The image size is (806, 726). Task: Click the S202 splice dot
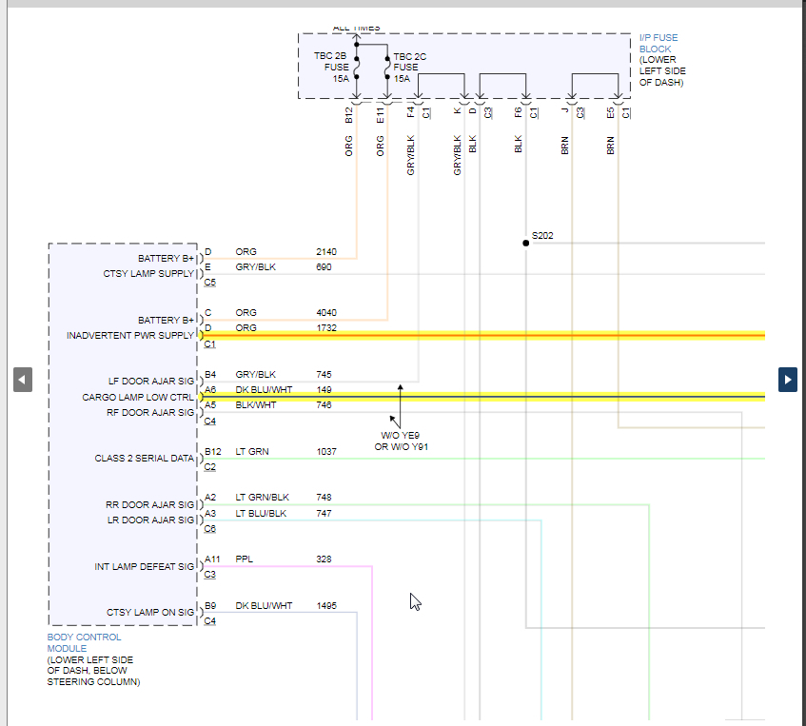click(x=525, y=243)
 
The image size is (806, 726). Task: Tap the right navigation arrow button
click(x=788, y=379)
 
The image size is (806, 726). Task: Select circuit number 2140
click(x=326, y=252)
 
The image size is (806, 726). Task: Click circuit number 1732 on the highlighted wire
click(x=326, y=328)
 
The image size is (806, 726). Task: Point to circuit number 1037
click(x=326, y=452)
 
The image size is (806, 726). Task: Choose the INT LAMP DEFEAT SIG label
click(x=144, y=567)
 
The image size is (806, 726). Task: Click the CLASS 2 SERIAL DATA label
click(x=144, y=459)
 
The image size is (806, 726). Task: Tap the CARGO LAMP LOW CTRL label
click(x=138, y=398)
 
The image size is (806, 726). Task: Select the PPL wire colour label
click(x=245, y=559)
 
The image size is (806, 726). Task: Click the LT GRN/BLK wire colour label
click(x=262, y=498)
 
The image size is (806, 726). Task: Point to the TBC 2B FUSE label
click(x=331, y=67)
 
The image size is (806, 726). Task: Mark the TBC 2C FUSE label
click(x=409, y=68)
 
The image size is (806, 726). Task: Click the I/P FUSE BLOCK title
click(x=658, y=44)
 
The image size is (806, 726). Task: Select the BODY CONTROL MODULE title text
click(x=84, y=642)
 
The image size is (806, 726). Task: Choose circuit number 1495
click(x=326, y=606)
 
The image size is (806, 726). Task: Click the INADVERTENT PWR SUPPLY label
click(x=129, y=336)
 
